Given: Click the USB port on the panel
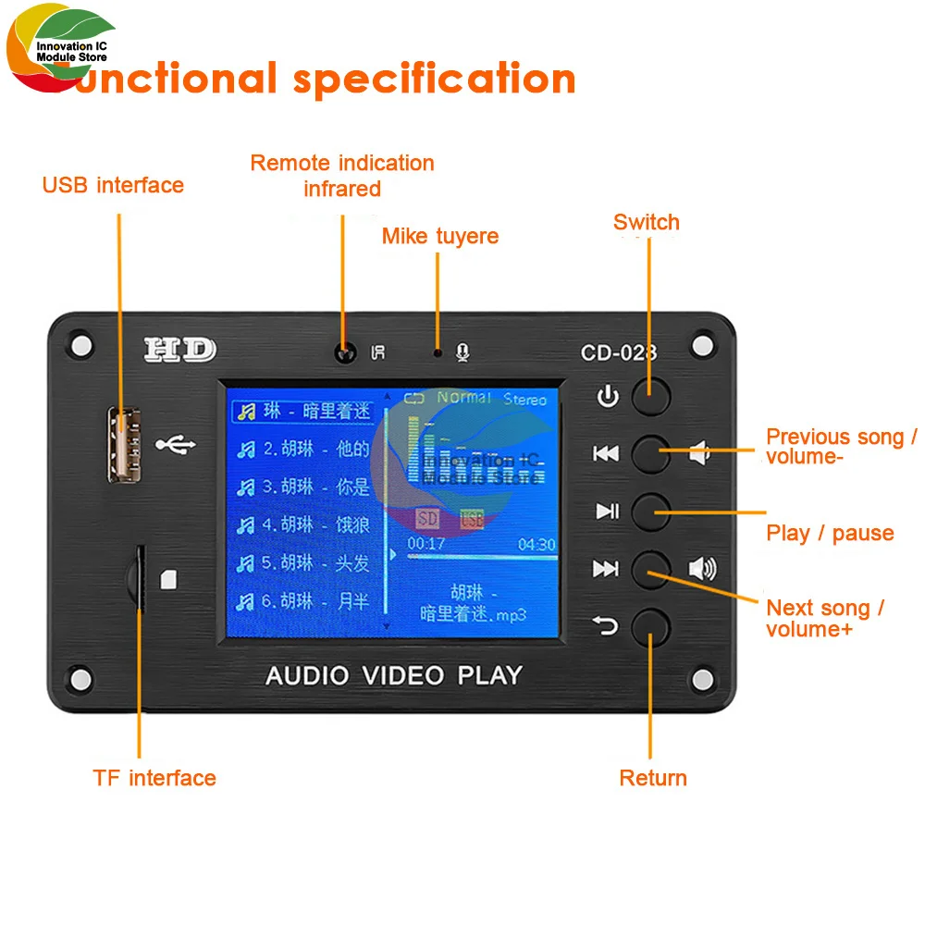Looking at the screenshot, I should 118,444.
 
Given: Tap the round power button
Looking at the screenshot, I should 650,396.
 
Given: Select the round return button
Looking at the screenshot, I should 650,627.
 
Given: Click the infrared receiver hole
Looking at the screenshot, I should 346,352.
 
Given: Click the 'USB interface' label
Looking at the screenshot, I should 113,185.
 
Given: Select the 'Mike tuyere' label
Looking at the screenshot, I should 440,236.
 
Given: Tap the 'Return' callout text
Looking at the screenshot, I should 653,778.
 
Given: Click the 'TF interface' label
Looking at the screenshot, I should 154,778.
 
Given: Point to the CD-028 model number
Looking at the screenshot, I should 619,351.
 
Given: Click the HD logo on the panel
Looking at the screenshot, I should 179,350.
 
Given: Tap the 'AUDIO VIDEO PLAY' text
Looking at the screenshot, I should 394,675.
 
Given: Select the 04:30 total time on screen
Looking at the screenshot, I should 536,545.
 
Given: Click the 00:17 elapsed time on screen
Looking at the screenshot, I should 426,545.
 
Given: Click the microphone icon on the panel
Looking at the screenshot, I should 463,352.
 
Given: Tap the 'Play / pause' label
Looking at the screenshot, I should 830,533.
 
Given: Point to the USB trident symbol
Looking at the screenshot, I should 176,445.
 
